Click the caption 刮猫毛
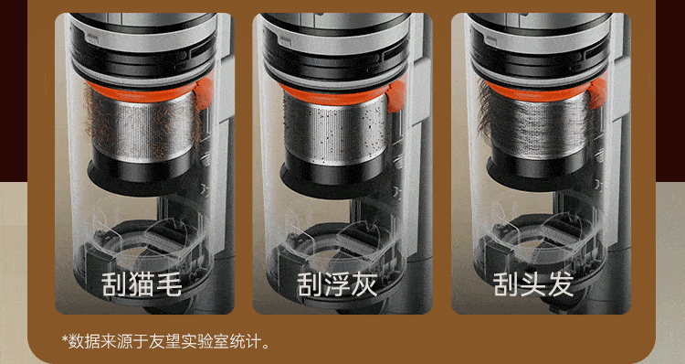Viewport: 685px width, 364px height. [142, 284]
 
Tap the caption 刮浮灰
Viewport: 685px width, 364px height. [337, 284]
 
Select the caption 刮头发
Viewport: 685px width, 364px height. [533, 284]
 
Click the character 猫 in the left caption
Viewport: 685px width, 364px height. [142, 284]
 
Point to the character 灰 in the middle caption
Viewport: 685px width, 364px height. [364, 284]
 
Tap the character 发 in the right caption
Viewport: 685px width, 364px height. [560, 284]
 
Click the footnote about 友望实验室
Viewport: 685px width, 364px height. [166, 341]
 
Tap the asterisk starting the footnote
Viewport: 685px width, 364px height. [65, 338]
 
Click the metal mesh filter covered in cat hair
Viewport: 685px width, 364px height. [143, 127]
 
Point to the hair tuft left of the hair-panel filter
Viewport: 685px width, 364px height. [484, 110]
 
